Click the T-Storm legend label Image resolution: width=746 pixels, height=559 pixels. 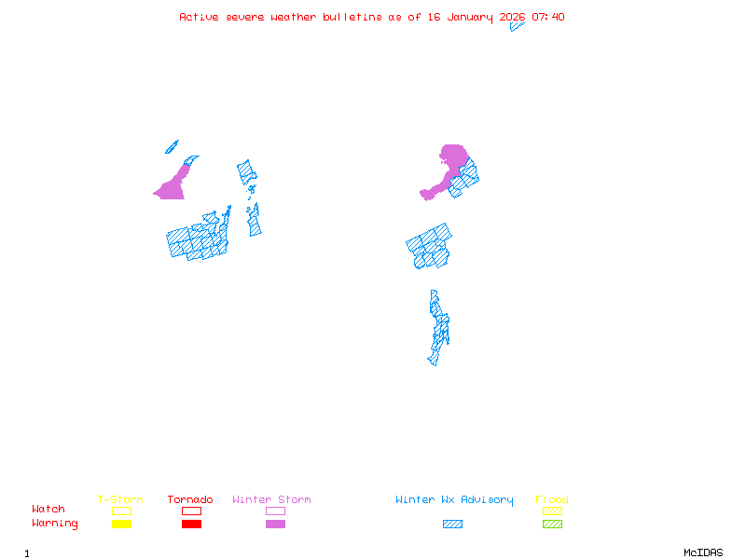pyautogui.click(x=120, y=499)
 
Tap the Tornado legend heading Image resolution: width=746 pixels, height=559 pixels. pyautogui.click(x=190, y=499)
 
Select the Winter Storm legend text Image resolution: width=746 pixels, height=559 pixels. pyautogui.click(x=271, y=499)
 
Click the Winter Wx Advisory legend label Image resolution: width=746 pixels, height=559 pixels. pyautogui.click(x=454, y=499)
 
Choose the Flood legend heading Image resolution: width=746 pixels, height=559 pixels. pyautogui.click(x=552, y=499)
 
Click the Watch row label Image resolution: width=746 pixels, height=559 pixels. pyautogui.click(x=48, y=510)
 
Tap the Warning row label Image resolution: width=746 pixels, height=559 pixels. pyautogui.click(x=55, y=524)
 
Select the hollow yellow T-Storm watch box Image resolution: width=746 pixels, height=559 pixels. pyautogui.click(x=121, y=511)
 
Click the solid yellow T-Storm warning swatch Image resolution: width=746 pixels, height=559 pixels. pyautogui.click(x=121, y=524)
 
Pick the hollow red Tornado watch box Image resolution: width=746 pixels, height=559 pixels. pyautogui.click(x=191, y=511)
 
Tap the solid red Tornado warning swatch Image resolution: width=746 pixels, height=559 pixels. pyautogui.click(x=191, y=524)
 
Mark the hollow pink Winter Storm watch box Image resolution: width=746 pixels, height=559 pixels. pyautogui.click(x=275, y=511)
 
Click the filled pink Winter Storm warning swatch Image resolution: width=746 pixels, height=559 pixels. pyautogui.click(x=275, y=524)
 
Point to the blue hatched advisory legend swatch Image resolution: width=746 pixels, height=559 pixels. pyautogui.click(x=452, y=524)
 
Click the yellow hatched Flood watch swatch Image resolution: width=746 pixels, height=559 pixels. pyautogui.click(x=552, y=511)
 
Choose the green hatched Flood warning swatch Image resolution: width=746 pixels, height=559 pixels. pyautogui.click(x=552, y=524)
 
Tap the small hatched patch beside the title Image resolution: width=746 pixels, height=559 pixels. pyautogui.click(x=517, y=26)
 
